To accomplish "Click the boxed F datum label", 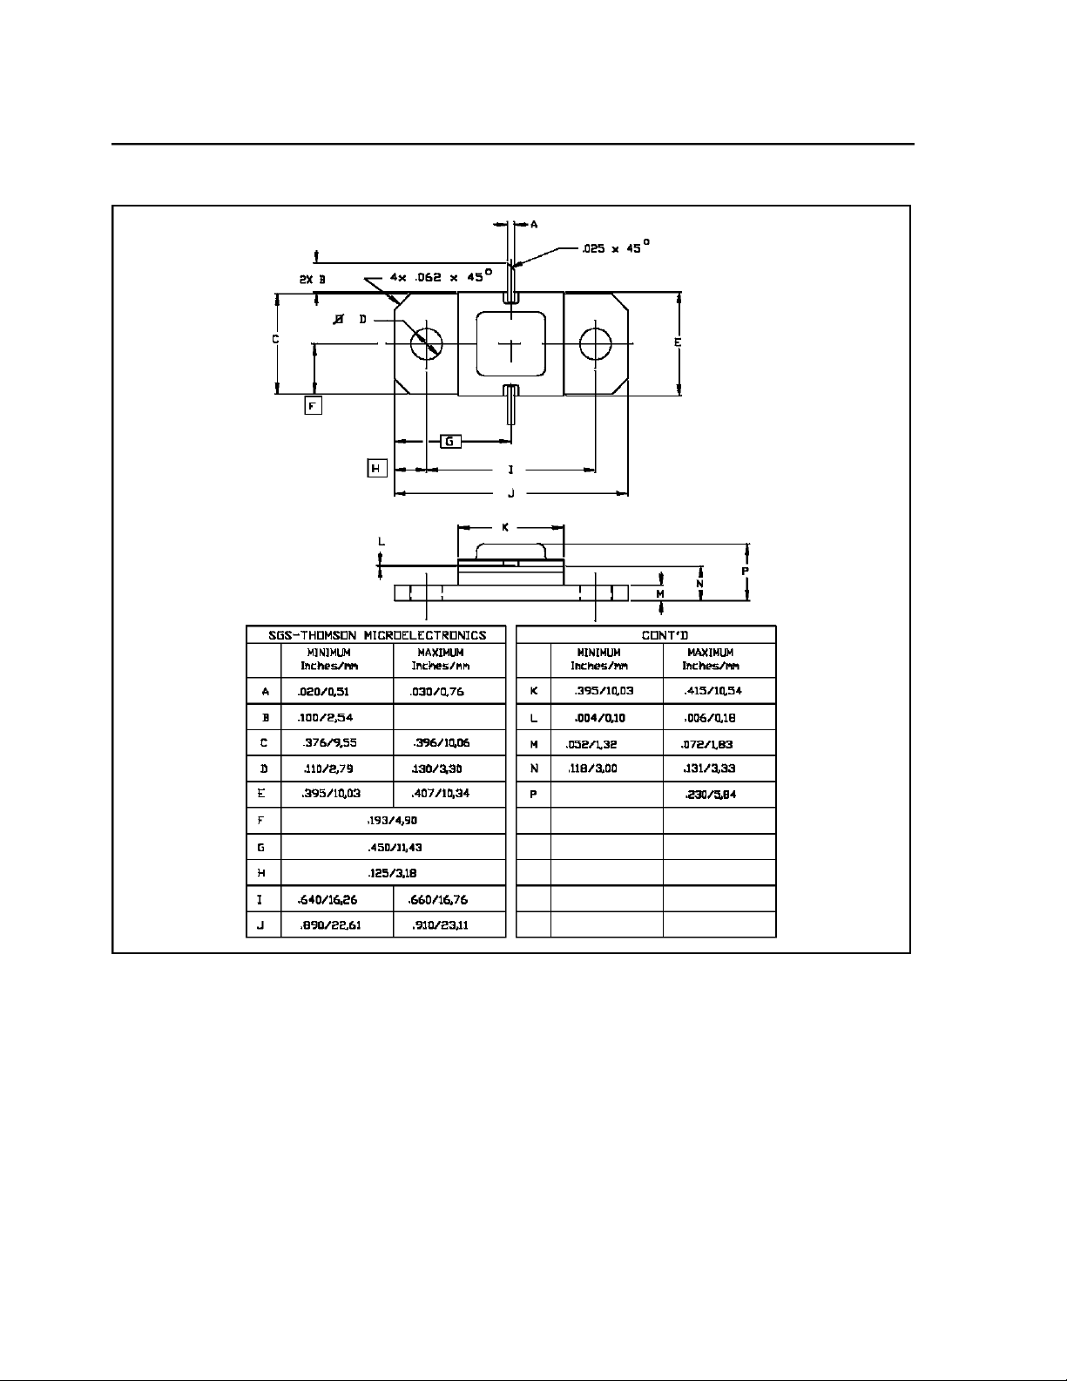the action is (314, 405).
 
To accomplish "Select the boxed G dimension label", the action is (449, 441).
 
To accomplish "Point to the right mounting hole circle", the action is (596, 344).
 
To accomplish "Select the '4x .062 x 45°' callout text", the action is (441, 275).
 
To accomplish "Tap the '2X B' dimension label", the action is (312, 280).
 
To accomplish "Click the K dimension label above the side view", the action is (506, 528).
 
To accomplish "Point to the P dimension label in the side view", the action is (746, 571).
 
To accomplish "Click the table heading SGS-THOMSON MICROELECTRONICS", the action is (375, 635).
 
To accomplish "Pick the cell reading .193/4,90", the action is (393, 821).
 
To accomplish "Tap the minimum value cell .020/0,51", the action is (324, 692).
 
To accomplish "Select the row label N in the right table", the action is (533, 768).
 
